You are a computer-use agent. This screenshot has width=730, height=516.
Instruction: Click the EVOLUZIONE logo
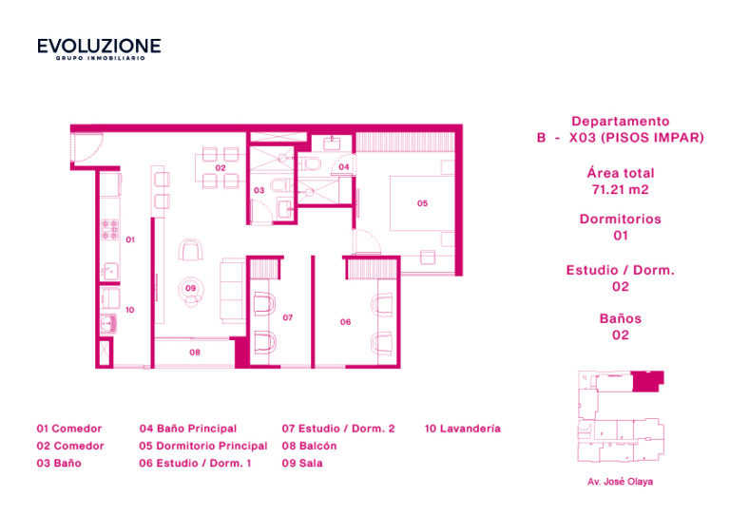(99, 48)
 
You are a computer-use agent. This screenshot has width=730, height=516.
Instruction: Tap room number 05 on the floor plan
(422, 203)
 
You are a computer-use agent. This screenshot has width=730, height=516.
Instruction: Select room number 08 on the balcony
(195, 353)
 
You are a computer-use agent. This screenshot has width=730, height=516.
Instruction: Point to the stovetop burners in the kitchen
(110, 230)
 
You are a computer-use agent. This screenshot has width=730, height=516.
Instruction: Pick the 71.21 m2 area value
(620, 190)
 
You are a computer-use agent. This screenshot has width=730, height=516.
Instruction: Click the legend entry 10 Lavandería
(463, 429)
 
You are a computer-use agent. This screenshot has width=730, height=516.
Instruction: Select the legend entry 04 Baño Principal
(188, 429)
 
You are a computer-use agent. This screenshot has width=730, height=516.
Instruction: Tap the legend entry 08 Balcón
(309, 446)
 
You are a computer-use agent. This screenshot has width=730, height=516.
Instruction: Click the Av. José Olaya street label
(620, 482)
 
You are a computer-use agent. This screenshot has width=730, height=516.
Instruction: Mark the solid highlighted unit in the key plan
(646, 381)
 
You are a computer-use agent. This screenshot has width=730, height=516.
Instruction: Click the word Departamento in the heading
(621, 122)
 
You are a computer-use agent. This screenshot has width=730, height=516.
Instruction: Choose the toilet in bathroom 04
(311, 163)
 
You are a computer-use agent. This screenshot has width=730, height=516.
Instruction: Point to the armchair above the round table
(190, 250)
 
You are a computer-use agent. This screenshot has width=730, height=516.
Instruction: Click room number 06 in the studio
(345, 322)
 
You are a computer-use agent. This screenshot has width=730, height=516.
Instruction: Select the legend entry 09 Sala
(302, 463)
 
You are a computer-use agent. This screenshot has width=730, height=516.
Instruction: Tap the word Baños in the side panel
(621, 318)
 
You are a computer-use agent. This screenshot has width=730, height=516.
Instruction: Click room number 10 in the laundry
(130, 310)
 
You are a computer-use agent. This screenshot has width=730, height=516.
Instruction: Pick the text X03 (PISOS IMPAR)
(637, 138)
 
